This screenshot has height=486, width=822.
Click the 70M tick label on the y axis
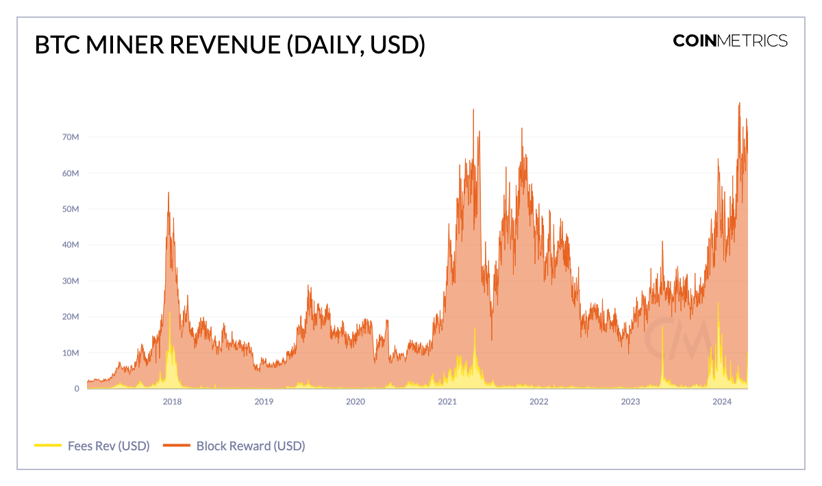click(x=71, y=137)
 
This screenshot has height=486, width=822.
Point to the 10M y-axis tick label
click(x=71, y=353)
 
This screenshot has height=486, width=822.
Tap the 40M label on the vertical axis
click(x=71, y=245)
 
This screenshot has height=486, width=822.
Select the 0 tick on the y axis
click(x=77, y=389)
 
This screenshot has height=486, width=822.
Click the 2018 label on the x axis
click(x=172, y=402)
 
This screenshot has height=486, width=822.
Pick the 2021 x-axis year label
click(x=447, y=402)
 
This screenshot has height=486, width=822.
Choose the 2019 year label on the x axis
click(x=264, y=402)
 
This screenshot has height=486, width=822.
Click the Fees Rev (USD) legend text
click(x=108, y=446)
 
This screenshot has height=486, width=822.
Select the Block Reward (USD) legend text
click(x=250, y=446)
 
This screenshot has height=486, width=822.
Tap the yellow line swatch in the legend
click(x=47, y=446)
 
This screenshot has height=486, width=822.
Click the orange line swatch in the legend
click(x=176, y=446)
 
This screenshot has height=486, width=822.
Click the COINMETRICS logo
click(x=730, y=40)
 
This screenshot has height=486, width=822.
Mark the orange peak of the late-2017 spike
click(x=169, y=193)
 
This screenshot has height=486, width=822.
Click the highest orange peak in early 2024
click(x=740, y=104)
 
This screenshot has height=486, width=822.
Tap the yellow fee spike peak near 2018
click(x=169, y=313)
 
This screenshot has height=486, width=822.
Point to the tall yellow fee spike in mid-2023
click(x=663, y=328)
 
